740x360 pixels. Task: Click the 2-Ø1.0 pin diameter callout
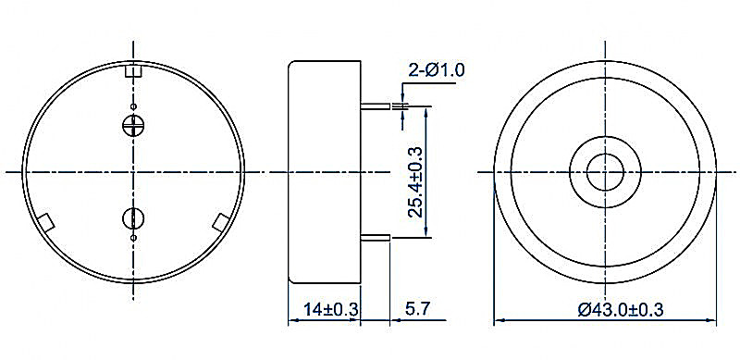pyautogui.click(x=436, y=70)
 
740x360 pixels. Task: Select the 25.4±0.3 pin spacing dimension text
pyautogui.click(x=415, y=182)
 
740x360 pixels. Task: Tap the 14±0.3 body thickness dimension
pyautogui.click(x=331, y=310)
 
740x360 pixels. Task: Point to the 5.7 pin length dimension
pyautogui.click(x=418, y=310)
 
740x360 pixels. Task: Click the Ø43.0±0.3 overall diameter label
pyautogui.click(x=621, y=310)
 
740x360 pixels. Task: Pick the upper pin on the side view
pyautogui.click(x=376, y=106)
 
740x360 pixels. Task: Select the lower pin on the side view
pyautogui.click(x=376, y=238)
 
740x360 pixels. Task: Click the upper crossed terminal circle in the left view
pyautogui.click(x=133, y=125)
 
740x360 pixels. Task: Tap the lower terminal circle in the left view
pyautogui.click(x=133, y=217)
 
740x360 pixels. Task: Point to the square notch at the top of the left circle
pyautogui.click(x=133, y=70)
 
